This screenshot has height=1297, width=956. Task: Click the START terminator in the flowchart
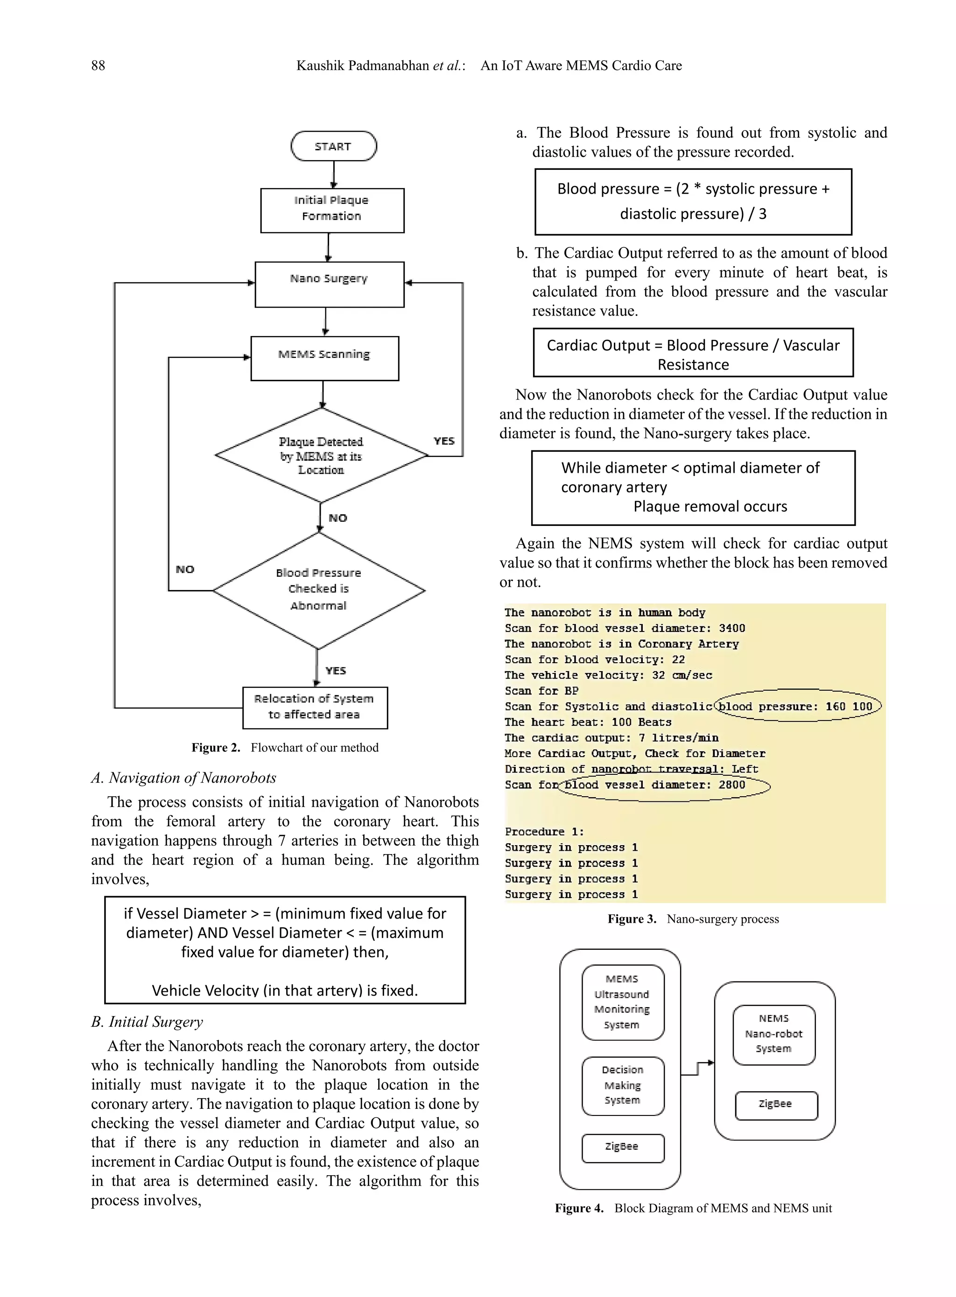point(333,147)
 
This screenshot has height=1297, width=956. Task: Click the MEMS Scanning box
point(324,358)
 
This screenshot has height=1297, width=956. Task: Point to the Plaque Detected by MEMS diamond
point(321,456)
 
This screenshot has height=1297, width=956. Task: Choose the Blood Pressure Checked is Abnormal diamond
point(319,589)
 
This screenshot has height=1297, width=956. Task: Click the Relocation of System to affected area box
point(314,707)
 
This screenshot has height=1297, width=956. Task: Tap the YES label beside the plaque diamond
point(444,441)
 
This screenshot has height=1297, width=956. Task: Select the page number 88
point(98,65)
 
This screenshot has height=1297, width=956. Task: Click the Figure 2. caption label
point(215,747)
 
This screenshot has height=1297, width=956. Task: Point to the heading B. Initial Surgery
point(147,1022)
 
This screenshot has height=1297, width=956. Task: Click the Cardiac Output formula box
point(693,353)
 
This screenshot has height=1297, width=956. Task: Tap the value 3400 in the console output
point(731,628)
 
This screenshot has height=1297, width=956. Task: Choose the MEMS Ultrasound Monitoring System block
point(622,1002)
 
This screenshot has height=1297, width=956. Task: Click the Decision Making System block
point(622,1085)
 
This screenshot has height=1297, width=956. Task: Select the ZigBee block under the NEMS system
point(775,1104)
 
